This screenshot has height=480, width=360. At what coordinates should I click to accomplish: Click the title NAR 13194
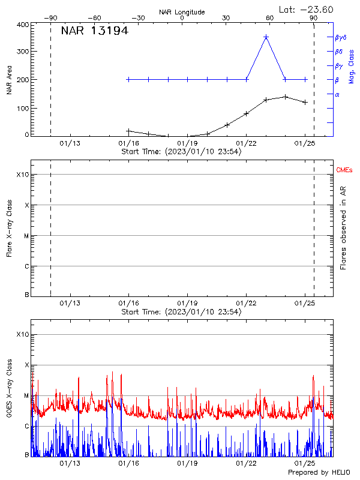(95, 31)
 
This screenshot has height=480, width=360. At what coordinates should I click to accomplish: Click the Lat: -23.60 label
(307, 10)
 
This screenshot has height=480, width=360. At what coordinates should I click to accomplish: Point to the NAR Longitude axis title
(182, 12)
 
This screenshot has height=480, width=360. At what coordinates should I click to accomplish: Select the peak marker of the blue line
(266, 37)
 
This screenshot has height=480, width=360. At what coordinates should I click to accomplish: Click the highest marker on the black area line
(286, 97)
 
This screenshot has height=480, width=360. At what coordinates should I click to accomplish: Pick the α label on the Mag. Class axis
(337, 94)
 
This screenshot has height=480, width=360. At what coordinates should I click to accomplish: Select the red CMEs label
(344, 171)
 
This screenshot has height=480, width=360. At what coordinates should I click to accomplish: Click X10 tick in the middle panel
(22, 175)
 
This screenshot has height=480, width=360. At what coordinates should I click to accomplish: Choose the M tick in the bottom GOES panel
(26, 395)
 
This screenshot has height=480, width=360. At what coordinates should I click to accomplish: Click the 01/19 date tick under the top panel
(188, 143)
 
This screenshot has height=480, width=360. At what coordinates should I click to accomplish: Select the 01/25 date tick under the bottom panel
(305, 464)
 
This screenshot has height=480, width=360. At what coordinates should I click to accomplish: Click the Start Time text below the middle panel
(181, 312)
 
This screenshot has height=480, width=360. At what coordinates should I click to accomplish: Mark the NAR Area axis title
(9, 80)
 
